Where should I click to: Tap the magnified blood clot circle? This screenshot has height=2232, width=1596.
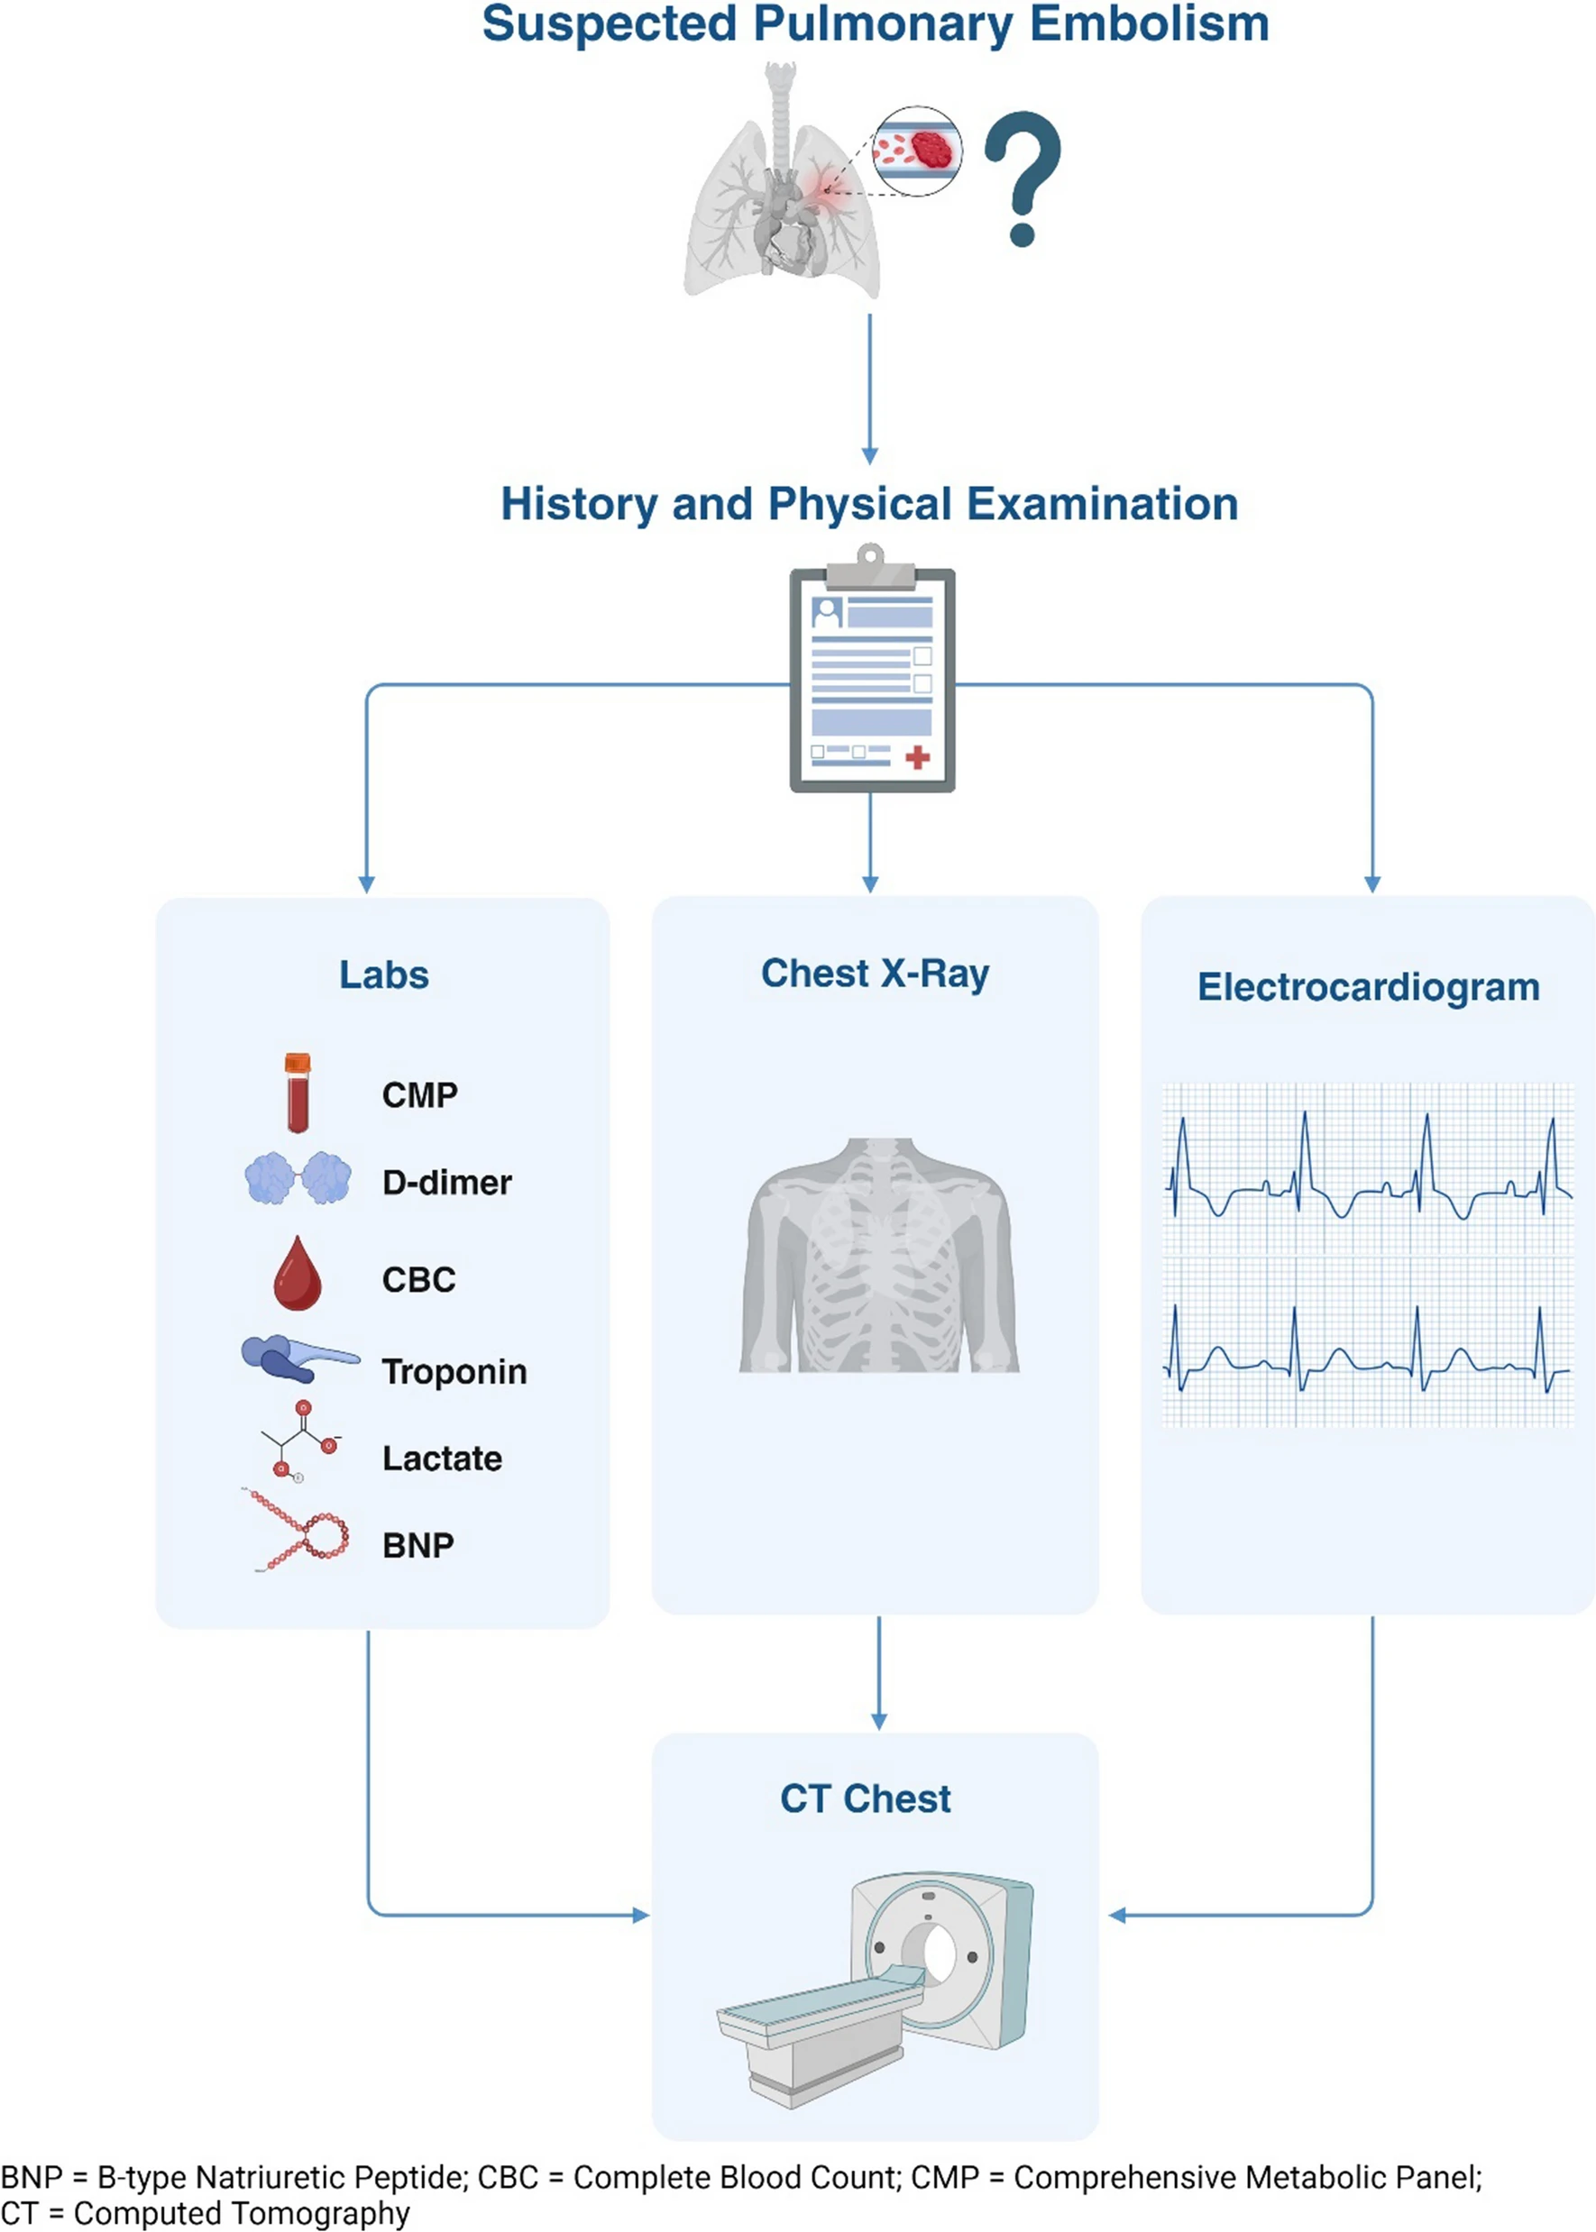point(918,151)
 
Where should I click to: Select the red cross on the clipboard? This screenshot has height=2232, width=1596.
point(917,756)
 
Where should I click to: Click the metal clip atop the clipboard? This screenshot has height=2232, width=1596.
point(871,568)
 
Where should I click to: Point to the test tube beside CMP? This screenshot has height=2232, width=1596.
point(298,1093)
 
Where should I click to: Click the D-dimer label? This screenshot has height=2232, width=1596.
point(447,1182)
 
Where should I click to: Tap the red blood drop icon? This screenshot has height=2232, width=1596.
point(298,1273)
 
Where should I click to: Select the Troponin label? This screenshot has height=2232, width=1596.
point(454,1371)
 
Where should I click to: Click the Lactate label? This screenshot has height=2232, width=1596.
point(442,1458)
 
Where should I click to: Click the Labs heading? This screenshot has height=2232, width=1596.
point(384,974)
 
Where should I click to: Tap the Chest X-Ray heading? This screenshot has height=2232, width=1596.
point(875,974)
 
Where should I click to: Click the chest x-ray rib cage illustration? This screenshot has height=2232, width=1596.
point(878,1256)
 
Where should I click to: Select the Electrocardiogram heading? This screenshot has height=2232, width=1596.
point(1368,986)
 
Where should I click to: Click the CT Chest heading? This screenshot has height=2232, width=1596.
point(865,1798)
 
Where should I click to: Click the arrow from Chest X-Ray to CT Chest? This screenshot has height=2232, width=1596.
point(878,1672)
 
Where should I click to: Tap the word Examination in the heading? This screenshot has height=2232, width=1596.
point(1102,504)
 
